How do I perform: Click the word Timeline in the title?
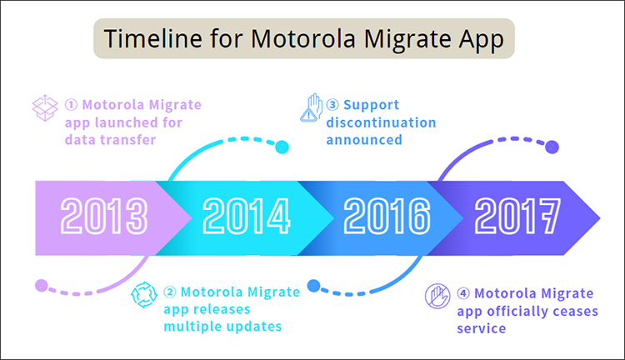click(148, 40)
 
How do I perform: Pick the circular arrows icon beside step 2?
click(144, 294)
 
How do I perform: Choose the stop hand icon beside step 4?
click(438, 296)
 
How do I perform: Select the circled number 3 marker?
click(332, 106)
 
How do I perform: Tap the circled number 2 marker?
click(170, 292)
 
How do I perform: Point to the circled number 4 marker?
click(463, 293)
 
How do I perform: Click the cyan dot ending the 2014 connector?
click(282, 147)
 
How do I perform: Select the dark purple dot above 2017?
click(551, 147)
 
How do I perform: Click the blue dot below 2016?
click(313, 286)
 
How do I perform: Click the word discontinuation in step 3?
click(381, 122)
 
